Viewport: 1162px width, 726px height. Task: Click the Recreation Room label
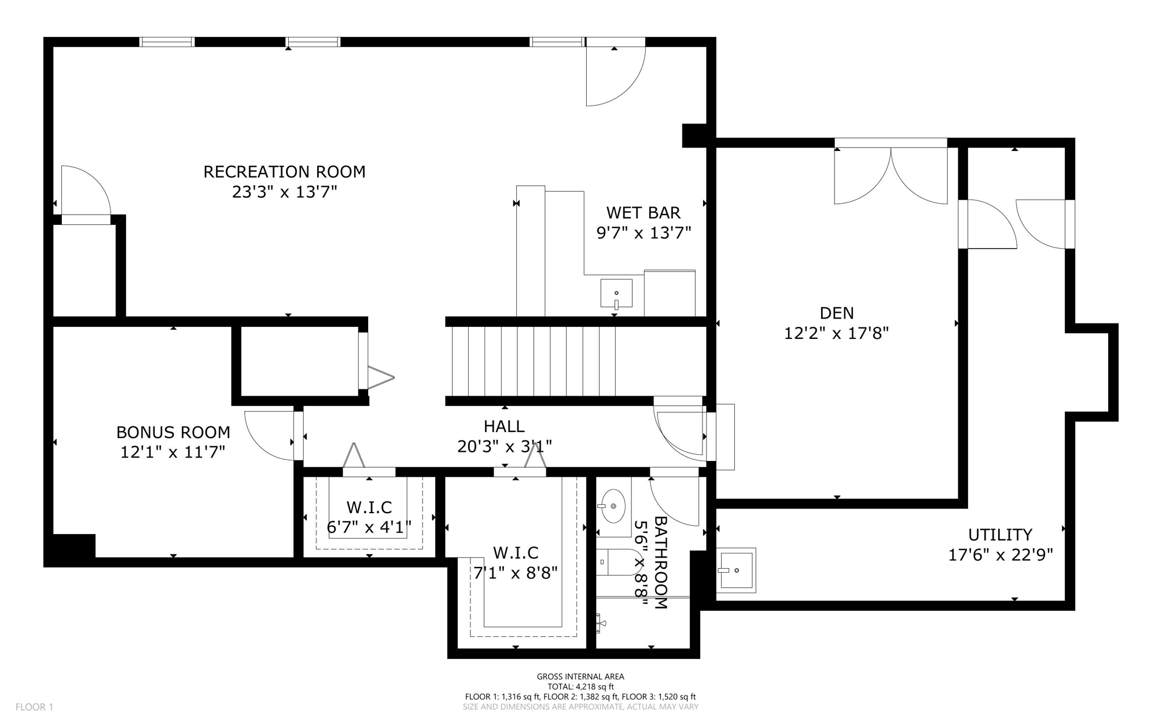284,171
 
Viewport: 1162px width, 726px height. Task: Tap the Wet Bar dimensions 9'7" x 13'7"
643,233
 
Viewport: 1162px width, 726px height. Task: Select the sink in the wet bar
616,293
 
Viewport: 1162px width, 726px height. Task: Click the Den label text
836,313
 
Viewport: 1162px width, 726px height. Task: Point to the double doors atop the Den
890,173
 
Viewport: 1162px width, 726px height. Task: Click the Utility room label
1000,535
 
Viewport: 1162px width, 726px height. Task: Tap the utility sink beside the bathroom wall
736,570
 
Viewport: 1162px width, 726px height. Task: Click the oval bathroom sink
613,506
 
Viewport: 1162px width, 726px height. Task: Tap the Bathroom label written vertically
660,562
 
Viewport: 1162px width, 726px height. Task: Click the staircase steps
533,361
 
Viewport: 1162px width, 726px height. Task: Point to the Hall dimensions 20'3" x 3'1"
504,447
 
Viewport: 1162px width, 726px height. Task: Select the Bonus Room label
173,433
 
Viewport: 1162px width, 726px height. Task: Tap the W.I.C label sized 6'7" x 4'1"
369,507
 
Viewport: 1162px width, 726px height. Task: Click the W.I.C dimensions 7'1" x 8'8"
515,573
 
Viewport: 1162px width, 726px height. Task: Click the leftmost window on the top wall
167,41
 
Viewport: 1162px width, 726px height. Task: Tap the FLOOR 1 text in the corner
34,707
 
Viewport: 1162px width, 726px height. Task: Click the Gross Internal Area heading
580,676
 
